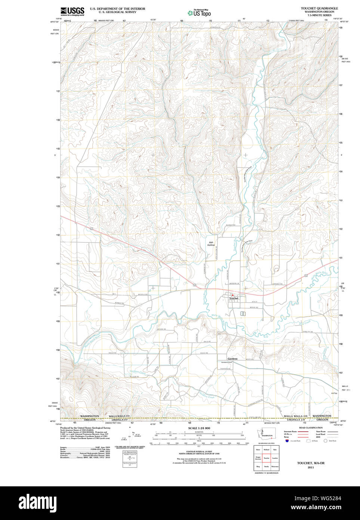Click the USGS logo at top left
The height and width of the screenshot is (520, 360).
72,11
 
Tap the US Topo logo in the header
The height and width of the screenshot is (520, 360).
199,13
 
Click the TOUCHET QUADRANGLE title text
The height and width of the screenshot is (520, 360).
319,8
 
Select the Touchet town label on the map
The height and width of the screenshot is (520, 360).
234,299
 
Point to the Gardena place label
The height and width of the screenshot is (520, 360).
233,359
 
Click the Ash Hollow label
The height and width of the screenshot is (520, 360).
211,244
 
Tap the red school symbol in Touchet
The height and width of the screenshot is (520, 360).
232,295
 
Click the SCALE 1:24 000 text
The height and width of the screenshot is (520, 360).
199,428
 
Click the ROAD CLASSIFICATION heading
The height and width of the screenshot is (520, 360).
311,428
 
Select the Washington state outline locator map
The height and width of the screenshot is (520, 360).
266,435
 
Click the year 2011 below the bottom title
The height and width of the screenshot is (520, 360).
311,467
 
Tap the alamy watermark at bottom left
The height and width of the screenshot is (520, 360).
38,503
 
